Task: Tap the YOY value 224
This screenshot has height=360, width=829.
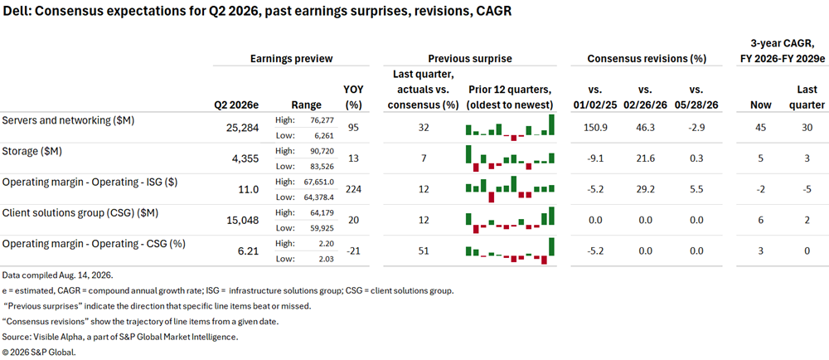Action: [x=354, y=189]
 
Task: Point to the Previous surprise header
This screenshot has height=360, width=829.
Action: [x=470, y=59]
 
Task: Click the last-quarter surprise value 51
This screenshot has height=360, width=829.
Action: [x=423, y=251]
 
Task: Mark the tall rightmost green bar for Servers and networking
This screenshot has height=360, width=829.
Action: [x=552, y=124]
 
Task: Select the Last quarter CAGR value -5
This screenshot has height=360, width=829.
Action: [x=807, y=189]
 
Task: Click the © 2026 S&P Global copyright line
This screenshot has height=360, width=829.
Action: [x=40, y=352]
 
